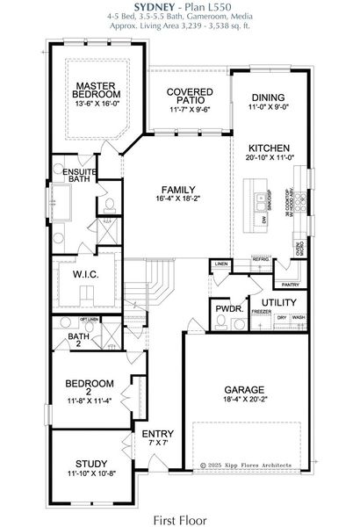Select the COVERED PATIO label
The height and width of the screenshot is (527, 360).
(x=186, y=97)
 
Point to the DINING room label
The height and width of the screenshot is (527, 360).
(x=267, y=98)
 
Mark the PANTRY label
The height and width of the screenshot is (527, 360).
(x=290, y=284)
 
